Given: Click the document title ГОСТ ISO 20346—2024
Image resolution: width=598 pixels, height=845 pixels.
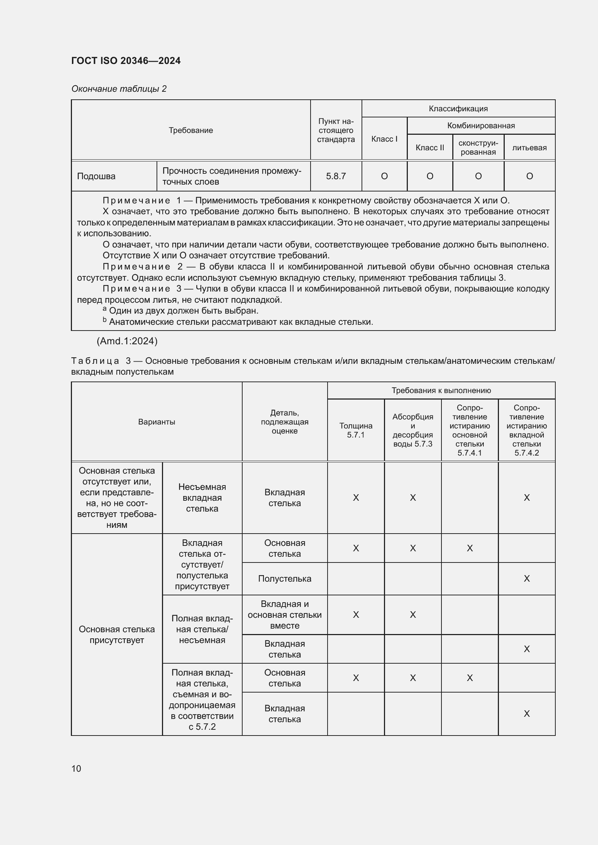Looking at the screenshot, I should (x=126, y=61).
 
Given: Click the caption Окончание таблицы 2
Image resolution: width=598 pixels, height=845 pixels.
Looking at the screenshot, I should (x=119, y=89).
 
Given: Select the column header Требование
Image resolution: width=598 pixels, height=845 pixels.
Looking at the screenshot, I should (x=191, y=130).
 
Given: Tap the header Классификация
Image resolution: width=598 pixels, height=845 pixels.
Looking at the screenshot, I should (x=458, y=109).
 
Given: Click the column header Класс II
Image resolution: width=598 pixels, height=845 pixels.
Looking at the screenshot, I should (x=430, y=148).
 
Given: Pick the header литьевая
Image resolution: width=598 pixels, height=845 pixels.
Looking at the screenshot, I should (x=529, y=148).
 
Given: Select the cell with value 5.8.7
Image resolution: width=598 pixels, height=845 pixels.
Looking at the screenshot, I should (x=336, y=176).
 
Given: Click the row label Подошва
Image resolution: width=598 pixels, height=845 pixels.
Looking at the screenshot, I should (x=96, y=176).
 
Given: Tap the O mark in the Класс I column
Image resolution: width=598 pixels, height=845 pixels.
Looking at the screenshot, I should (x=384, y=176).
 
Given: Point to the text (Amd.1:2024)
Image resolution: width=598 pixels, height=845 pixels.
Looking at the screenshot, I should (x=127, y=341).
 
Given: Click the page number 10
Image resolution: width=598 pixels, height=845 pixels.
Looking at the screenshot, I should (x=76, y=768).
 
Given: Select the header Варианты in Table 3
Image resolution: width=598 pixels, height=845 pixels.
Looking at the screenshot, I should (x=157, y=422).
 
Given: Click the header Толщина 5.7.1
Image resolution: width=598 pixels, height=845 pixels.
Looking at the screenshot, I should (x=356, y=430).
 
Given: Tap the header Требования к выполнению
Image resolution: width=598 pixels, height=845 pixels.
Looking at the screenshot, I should (x=441, y=391).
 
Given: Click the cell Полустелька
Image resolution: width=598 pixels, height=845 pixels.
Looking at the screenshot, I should (x=285, y=578).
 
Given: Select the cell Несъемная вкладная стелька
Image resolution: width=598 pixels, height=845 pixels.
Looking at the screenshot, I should (x=202, y=497).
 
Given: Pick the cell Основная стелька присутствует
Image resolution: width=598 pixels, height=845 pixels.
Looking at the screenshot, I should (x=117, y=634).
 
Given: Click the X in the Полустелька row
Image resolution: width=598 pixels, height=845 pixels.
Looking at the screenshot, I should (x=526, y=578).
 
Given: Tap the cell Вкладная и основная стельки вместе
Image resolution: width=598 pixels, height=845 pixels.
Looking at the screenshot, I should (x=285, y=615).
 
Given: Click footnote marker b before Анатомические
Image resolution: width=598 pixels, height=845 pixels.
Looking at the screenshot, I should (x=104, y=320).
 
